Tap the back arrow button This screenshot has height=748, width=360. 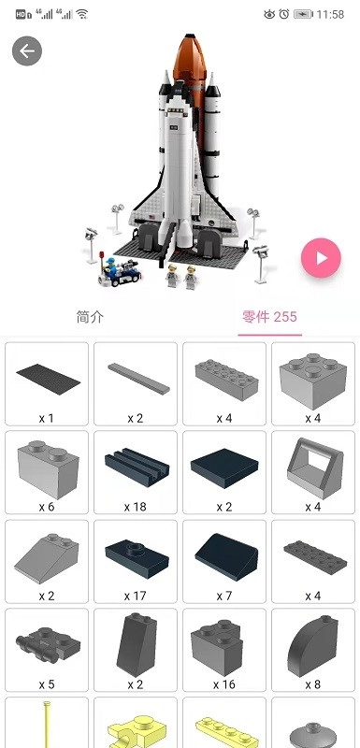coord(27,51)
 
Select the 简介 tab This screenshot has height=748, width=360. coord(90,317)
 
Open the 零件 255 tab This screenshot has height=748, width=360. coord(269,317)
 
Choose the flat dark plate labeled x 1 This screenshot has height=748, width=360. coord(47,383)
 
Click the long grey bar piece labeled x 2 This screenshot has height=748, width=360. coord(136,383)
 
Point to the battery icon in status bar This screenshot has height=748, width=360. coord(303,15)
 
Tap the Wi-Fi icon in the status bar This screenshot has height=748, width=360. coord(82,15)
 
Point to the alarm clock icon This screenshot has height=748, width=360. coord(284,15)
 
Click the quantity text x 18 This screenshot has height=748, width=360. coord(136,507)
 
